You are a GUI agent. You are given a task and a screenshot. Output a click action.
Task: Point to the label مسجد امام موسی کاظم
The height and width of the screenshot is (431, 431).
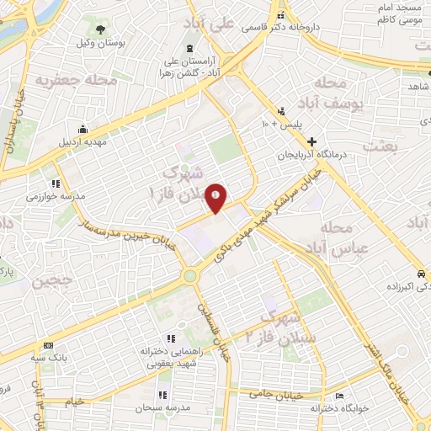396,12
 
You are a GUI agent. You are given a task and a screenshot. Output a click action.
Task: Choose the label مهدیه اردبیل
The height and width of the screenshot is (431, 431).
84,141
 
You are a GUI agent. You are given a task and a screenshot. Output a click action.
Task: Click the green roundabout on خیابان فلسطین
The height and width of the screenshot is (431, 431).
190,275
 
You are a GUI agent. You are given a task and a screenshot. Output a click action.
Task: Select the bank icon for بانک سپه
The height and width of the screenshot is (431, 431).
47,345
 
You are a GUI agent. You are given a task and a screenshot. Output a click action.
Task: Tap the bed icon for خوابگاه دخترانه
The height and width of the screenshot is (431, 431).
339,396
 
